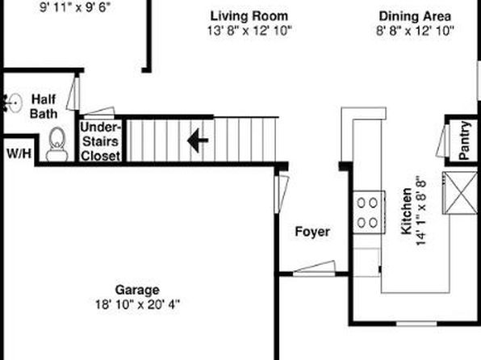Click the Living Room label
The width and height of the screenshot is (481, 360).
(x=249, y=16)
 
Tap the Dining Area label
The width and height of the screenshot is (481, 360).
(x=415, y=16)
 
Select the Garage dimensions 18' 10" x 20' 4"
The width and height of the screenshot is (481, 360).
(x=137, y=305)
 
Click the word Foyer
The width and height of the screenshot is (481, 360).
(x=312, y=232)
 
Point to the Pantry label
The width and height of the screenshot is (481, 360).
(x=465, y=140)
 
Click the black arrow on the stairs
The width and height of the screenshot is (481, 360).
(x=198, y=140)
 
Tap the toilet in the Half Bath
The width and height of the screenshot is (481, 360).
(x=56, y=144)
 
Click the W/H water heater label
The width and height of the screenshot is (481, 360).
(x=19, y=153)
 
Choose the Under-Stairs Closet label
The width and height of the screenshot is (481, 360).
(x=100, y=141)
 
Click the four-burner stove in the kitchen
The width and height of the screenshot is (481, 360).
(x=369, y=212)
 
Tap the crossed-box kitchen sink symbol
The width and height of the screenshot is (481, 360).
(x=459, y=193)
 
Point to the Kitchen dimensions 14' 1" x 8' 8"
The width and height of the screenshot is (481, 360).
(x=421, y=211)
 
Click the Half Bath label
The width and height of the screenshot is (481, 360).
(x=44, y=107)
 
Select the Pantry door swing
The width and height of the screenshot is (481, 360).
(x=442, y=141)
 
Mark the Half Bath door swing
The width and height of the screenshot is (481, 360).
(x=73, y=94)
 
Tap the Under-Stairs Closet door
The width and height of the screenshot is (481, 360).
(x=98, y=113)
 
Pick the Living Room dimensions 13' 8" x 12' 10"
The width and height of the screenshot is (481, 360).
(x=249, y=31)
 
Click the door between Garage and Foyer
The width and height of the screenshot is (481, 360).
(x=282, y=194)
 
